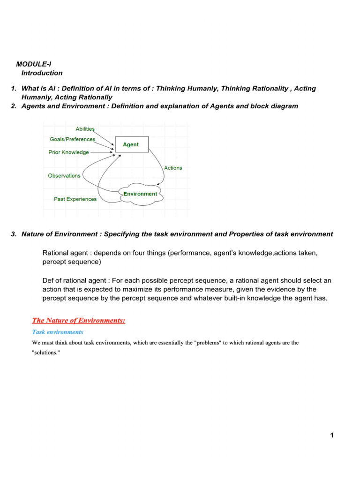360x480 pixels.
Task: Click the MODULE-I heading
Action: pos(37,64)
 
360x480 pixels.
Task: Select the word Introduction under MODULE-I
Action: pos(42,73)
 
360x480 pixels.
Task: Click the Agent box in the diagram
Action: pos(131,144)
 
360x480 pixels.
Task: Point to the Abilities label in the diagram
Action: pos(85,129)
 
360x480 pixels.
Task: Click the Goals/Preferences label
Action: pos(72,139)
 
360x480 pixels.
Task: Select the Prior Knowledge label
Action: pos(68,152)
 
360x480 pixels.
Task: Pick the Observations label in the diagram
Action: pos(64,176)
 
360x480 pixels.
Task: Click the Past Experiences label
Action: pos(75,199)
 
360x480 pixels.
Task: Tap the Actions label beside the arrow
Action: pos(173,168)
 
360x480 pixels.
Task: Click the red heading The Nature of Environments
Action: pos(78,321)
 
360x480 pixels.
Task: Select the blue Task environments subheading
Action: pos(58,332)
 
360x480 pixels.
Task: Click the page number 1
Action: pos(332,435)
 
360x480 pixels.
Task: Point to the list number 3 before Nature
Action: pos(14,234)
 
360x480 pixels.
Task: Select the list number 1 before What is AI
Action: pos(14,89)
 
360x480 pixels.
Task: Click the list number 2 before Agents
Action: pos(14,106)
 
